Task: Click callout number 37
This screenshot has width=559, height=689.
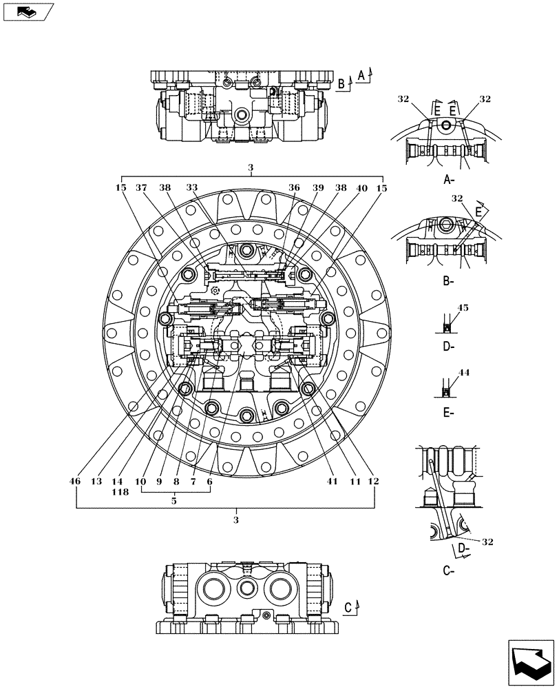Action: coord(141,187)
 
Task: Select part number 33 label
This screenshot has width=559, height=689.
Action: coord(191,187)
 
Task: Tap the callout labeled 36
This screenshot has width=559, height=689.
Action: coord(294,187)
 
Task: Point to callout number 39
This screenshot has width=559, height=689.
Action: coord(317,187)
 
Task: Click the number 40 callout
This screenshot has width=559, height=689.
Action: coord(361,187)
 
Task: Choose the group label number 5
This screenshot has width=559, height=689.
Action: coord(174,502)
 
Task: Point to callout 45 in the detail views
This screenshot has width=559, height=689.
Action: coord(463,308)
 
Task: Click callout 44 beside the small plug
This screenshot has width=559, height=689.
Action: coord(463,372)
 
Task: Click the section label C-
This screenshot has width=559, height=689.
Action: coord(448,570)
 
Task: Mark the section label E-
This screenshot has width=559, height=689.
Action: coord(448,413)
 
